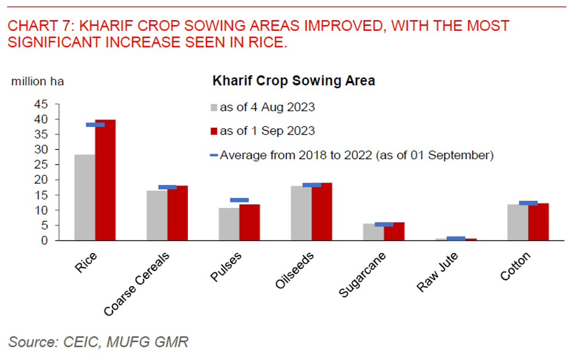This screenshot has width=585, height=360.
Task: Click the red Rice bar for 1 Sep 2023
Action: click(105, 180)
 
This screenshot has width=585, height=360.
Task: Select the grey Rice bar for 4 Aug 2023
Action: click(85, 197)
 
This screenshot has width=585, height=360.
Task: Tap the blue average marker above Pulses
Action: click(239, 200)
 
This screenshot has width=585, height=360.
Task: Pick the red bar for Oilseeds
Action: click(322, 212)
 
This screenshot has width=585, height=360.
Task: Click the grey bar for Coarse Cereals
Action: click(157, 215)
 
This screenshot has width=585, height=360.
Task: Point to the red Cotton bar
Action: click(539, 222)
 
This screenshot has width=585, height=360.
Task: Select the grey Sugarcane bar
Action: click(373, 232)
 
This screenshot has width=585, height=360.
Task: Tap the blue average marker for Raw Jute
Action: click(456, 238)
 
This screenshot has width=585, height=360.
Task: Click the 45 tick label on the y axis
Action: click(41, 104)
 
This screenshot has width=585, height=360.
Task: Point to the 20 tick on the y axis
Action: click(41, 180)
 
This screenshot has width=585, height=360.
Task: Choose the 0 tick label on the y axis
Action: click(44, 240)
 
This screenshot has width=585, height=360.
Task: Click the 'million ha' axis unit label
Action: click(38, 81)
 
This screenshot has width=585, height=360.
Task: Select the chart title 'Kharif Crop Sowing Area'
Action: click(294, 81)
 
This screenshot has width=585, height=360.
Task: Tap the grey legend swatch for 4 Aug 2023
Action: click(215, 108)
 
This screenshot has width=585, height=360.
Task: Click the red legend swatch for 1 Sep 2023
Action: click(215, 131)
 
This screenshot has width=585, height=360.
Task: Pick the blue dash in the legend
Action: click(214, 155)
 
